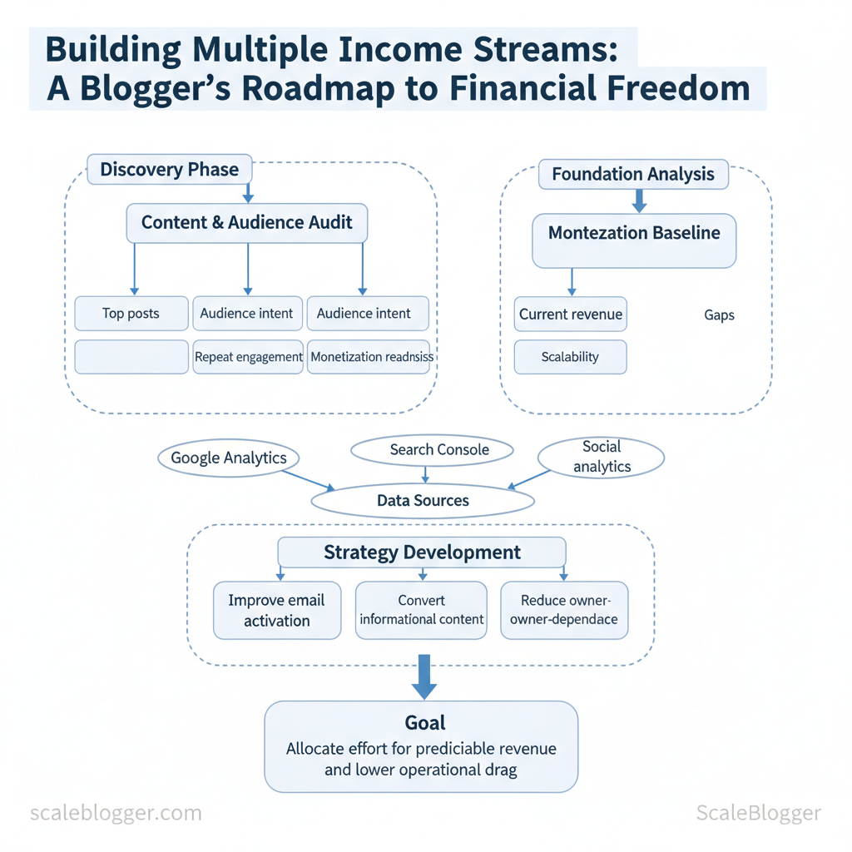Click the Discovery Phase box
pos(169,170)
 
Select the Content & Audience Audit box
pos(247,223)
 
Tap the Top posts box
pos(131,314)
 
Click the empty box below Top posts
pos(131,357)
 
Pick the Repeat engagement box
pos(248,357)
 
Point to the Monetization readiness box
pos(369,357)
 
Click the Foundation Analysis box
pos(633,174)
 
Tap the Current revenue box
pos(571,315)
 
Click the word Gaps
pos(719,315)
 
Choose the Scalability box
pos(570,357)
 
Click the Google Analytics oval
pos(228,458)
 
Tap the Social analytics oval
pos(602,458)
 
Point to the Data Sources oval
pos(423,501)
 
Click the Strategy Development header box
pos(422,552)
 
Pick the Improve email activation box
pos(277,611)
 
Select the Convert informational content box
pos(421,610)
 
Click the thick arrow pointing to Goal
pos(424,676)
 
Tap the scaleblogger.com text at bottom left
pos(116,813)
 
